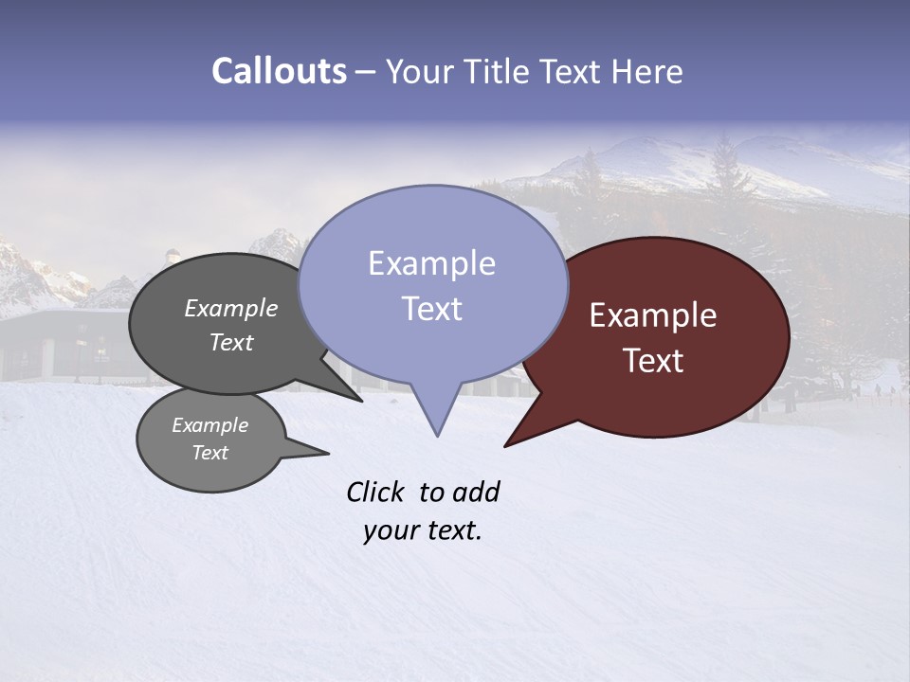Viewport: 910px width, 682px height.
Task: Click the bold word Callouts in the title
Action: pyautogui.click(x=280, y=71)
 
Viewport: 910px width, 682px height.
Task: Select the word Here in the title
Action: pyautogui.click(x=648, y=71)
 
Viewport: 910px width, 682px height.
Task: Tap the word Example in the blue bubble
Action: pyautogui.click(x=431, y=263)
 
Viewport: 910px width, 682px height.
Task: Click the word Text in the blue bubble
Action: pyautogui.click(x=431, y=308)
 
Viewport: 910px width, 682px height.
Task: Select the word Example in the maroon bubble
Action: pyautogui.click(x=653, y=315)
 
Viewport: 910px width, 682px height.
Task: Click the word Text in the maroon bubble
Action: pyautogui.click(x=653, y=360)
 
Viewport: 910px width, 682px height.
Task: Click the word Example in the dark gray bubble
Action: pyautogui.click(x=230, y=308)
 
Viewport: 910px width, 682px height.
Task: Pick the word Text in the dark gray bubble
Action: pyautogui.click(x=230, y=342)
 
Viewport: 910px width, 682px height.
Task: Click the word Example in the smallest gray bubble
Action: pyautogui.click(x=209, y=425)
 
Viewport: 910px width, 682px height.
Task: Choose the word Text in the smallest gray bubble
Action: pyautogui.click(x=209, y=453)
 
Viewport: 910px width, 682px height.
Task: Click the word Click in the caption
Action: pyautogui.click(x=376, y=492)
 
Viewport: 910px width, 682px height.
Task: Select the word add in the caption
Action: pyautogui.click(x=475, y=492)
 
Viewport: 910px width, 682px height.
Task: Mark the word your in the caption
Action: pyautogui.click(x=391, y=530)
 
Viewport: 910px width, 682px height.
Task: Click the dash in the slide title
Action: pyautogui.click(x=367, y=72)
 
